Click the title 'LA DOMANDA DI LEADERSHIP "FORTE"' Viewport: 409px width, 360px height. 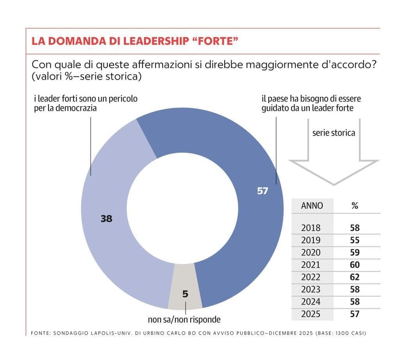click(x=135, y=41)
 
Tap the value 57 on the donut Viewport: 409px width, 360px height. click(x=263, y=191)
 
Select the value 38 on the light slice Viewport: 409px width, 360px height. click(x=106, y=219)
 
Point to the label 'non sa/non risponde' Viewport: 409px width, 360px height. click(x=184, y=320)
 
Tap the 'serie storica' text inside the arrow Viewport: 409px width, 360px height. click(x=334, y=133)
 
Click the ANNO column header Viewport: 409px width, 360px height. click(x=312, y=205)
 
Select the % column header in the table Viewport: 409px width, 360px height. click(x=355, y=205)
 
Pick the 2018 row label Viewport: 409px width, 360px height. click(x=311, y=228)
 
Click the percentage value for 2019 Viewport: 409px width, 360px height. click(x=355, y=240)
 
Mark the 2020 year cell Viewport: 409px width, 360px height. click(x=311, y=252)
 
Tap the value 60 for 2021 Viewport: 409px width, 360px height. click(x=355, y=265)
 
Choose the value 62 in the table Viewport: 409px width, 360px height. click(x=355, y=277)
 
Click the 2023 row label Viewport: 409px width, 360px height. click(x=311, y=289)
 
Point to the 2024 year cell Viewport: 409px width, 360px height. click(x=311, y=302)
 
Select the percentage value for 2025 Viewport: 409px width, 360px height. click(x=355, y=314)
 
